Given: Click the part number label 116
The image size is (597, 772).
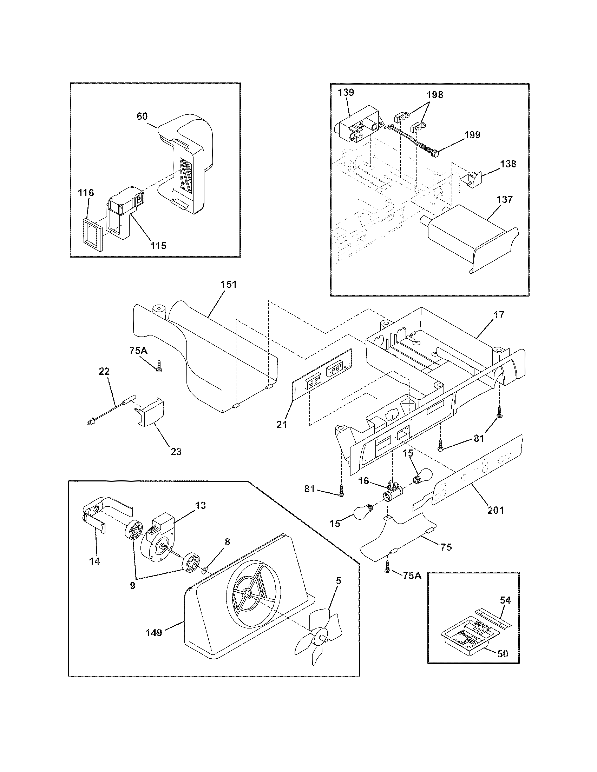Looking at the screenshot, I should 86,193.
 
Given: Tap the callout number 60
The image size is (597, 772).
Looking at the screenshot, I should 142,116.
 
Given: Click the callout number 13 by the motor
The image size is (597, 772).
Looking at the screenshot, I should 201,505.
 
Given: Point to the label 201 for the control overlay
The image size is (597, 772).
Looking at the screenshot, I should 496,510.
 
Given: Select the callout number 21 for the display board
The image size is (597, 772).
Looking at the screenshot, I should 282,425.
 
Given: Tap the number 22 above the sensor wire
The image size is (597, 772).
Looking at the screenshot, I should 104,372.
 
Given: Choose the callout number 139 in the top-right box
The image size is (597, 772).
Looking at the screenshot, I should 346,93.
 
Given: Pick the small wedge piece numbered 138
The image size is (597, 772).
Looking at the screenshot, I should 470,177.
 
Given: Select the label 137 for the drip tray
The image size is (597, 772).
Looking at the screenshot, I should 504,199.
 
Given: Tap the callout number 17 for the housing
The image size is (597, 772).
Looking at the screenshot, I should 499,315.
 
